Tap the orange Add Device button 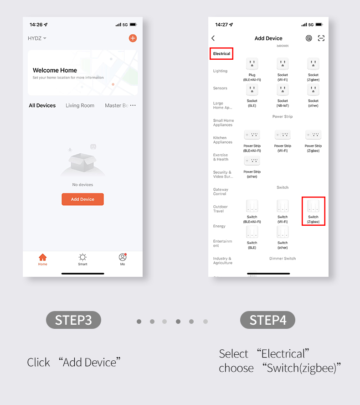pos(82,199)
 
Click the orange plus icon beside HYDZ pos(133,38)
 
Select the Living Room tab pos(80,105)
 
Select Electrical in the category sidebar pos(221,54)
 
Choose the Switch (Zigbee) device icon pos(313,207)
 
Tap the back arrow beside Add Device pos(213,38)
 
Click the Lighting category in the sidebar pos(220,71)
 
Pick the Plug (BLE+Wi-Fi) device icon pos(252,64)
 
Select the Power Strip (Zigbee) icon pos(313,135)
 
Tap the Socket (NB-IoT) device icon pos(283,90)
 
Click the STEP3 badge pos(73,320)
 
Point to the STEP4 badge pos(267,320)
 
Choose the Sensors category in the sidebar pos(220,88)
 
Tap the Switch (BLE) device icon pos(252,232)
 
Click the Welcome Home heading pos(55,70)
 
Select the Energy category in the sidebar pos(219,226)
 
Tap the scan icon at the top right pos(321,38)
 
